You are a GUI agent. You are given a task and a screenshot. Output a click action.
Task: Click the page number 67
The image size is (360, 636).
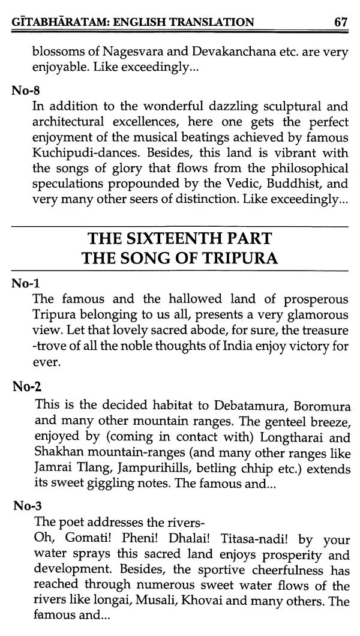tap(341, 23)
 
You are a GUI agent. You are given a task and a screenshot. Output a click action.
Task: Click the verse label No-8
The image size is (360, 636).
tap(26, 91)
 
